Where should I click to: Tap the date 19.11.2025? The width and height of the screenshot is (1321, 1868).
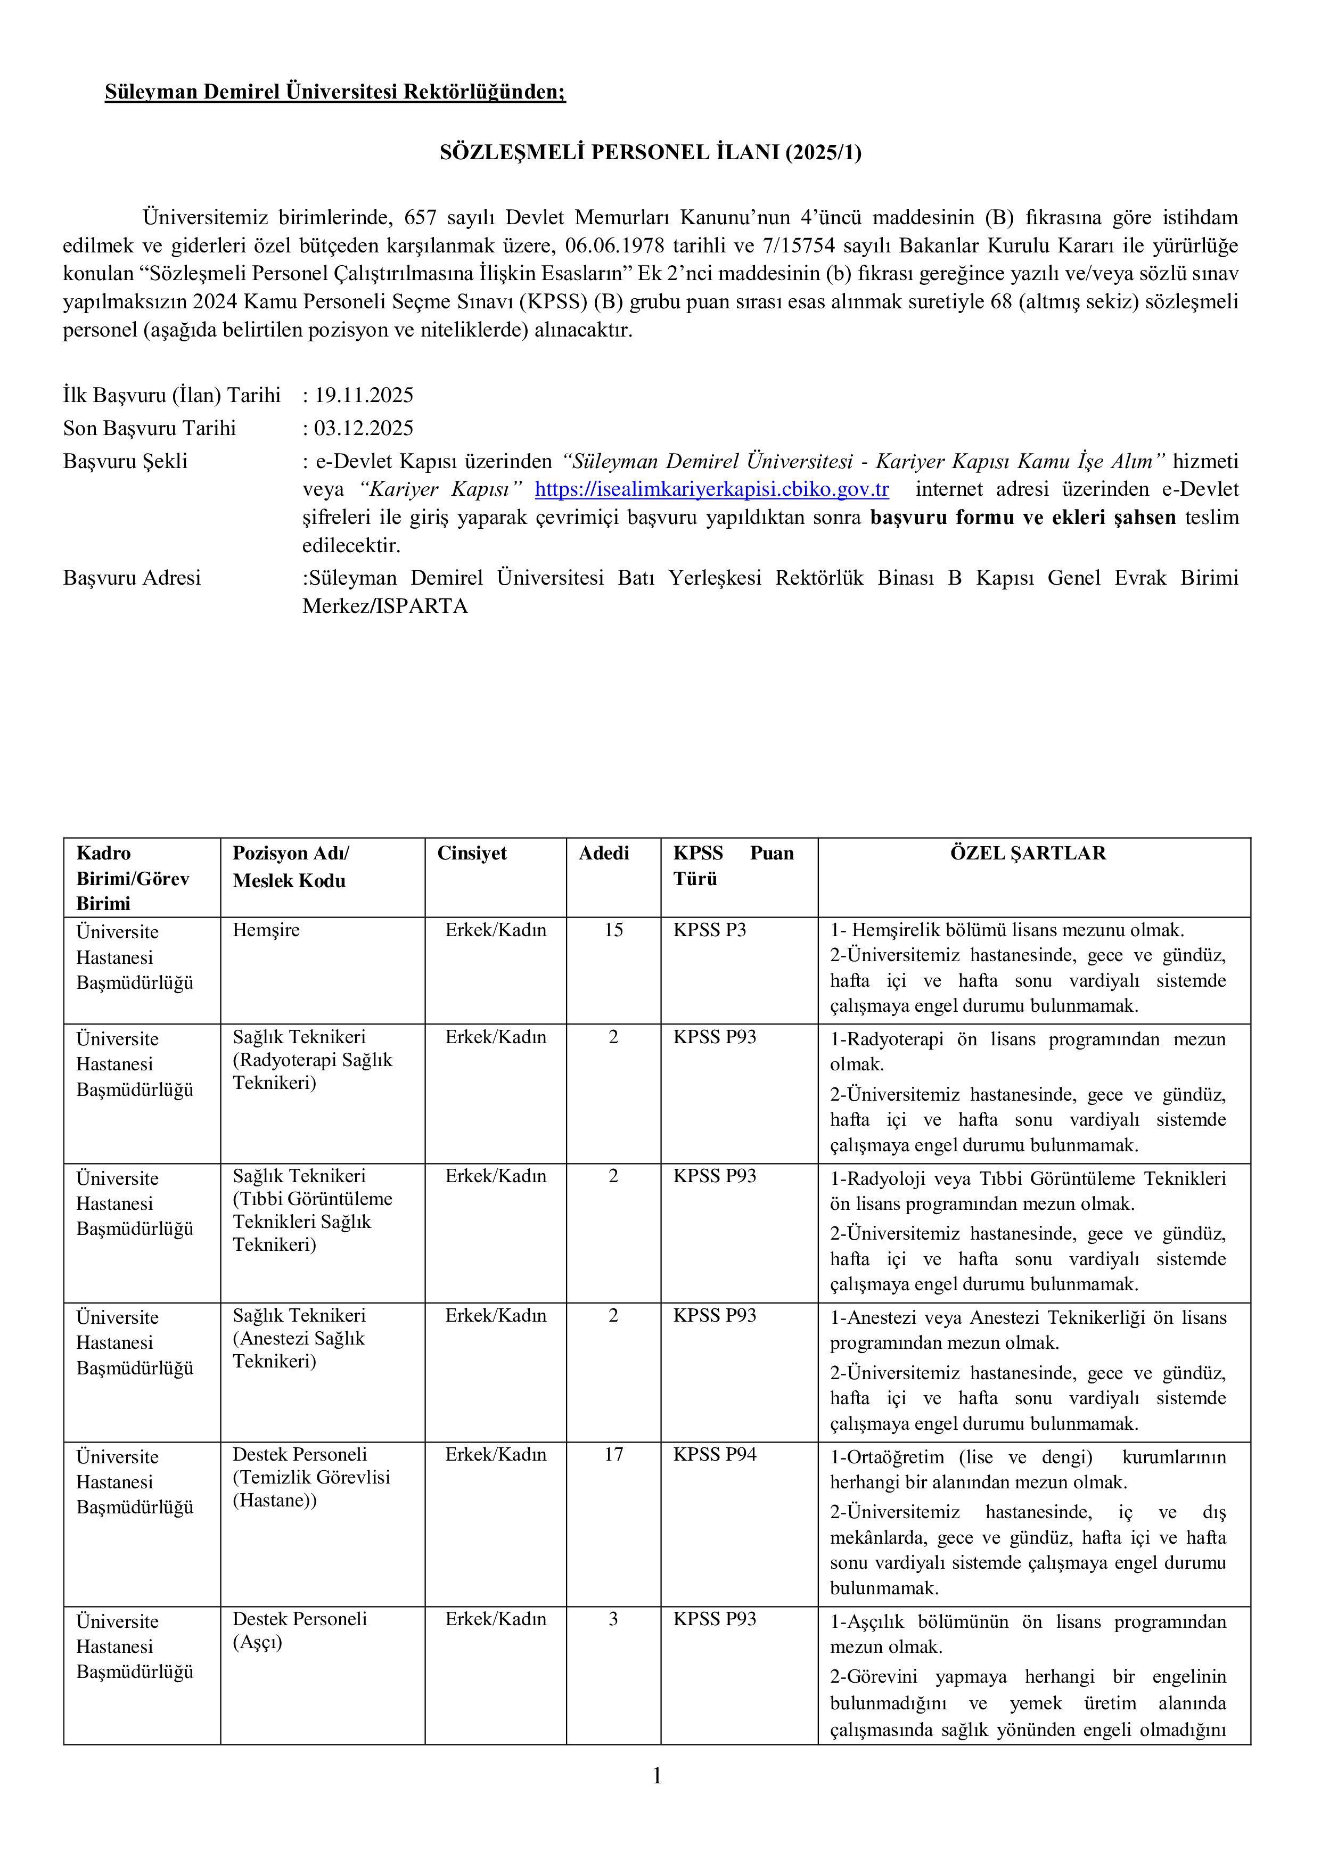coord(364,396)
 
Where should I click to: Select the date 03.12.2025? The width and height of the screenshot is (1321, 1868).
coord(364,428)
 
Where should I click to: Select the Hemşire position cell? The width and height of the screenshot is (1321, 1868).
coord(266,930)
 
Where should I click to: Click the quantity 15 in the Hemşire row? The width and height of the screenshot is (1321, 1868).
coord(613,930)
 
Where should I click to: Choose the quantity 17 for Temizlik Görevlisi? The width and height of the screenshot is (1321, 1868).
coord(613,1454)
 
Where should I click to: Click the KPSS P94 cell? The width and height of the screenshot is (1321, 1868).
coord(714,1454)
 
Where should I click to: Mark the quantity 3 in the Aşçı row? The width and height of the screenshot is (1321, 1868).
coord(613,1619)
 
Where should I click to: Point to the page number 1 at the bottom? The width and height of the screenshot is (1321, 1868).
coord(657,1777)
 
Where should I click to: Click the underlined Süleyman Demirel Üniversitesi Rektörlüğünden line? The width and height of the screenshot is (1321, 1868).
coord(335,92)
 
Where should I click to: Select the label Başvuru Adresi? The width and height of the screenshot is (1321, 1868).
coord(132,578)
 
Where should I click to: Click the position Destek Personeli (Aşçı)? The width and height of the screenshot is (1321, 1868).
coord(299,1631)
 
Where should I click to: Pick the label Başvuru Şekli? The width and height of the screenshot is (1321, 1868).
coord(125,461)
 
